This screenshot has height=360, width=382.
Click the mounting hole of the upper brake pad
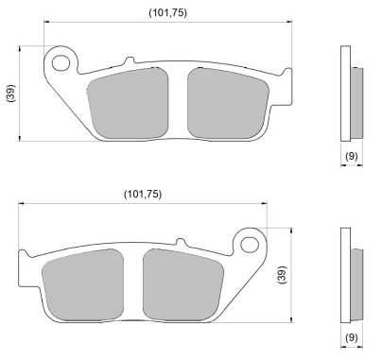63,64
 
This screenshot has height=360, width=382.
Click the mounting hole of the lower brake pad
250,245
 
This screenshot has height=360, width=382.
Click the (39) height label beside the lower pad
280,274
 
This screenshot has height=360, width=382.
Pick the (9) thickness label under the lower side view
350,335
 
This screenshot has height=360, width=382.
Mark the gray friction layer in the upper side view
356,100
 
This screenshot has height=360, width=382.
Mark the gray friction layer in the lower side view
356,281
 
